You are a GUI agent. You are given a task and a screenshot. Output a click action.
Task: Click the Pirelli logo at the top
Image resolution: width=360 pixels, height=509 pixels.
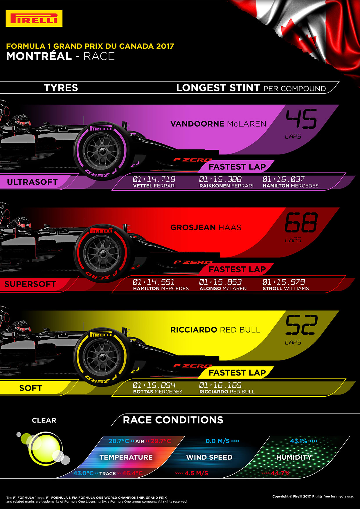point(34,18)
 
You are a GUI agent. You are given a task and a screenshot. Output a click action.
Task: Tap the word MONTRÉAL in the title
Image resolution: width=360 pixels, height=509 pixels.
point(39,56)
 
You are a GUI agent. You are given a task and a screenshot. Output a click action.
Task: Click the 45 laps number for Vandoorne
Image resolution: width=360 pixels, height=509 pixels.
point(301,119)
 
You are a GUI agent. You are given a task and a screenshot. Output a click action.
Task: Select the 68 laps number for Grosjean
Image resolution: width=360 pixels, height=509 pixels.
point(301,223)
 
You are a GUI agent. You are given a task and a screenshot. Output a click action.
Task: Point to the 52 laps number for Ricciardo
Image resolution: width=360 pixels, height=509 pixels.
point(301,325)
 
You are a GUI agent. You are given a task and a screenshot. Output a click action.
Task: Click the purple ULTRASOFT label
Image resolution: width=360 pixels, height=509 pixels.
point(32,182)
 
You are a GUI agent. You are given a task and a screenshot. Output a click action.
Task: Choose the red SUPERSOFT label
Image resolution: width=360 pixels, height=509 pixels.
point(30,284)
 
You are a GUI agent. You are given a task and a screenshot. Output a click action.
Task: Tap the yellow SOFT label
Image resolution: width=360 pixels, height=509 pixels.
point(30,388)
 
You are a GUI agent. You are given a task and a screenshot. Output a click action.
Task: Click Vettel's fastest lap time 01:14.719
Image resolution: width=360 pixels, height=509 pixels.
point(154,179)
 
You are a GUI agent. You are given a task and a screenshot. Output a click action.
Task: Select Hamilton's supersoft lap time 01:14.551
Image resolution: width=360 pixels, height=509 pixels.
point(154,282)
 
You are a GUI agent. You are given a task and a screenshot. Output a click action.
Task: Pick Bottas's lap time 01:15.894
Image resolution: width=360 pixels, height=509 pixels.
point(154,385)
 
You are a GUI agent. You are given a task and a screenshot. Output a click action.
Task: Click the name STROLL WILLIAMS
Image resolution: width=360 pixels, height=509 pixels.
point(286,288)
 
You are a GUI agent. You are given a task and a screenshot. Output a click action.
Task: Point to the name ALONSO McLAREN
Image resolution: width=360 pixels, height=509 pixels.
point(223,288)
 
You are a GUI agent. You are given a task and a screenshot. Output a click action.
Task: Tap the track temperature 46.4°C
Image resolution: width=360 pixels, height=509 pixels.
point(132,473)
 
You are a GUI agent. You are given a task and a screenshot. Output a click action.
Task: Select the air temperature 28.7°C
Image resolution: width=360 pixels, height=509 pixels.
point(119,441)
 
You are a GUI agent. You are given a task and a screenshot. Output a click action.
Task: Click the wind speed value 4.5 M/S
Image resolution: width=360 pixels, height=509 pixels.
point(196,473)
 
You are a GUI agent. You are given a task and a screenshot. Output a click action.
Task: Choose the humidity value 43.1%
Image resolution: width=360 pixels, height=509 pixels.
point(298,441)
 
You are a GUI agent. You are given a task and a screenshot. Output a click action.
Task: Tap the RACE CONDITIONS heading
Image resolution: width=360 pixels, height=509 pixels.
point(173,420)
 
